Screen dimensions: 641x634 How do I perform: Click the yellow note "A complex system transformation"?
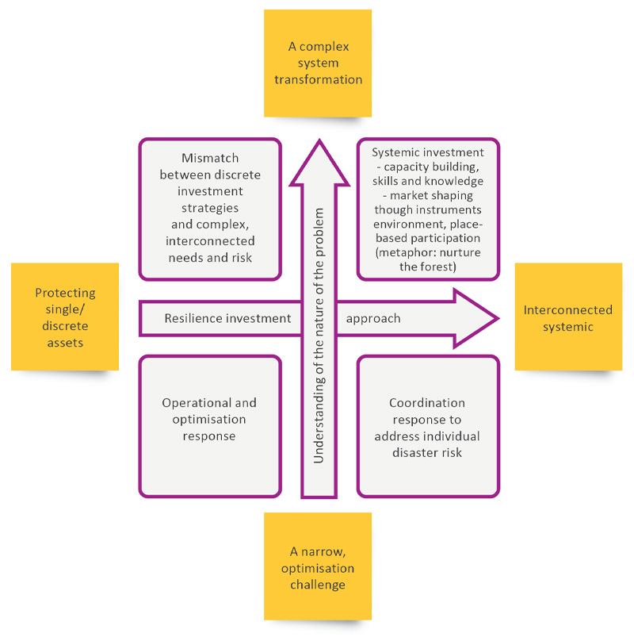pos(318,63)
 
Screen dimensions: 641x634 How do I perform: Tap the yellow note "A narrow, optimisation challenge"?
pos(318,566)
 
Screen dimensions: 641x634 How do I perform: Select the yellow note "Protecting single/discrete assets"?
pos(65,317)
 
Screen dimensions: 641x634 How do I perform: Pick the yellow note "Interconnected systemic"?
pos(568,317)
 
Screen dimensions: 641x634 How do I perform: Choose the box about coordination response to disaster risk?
pos(427,426)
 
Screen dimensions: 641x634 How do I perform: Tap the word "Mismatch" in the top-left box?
pos(210,159)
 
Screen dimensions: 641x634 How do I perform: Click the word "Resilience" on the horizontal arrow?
pos(193,319)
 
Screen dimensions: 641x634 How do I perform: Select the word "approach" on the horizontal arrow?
pos(373,319)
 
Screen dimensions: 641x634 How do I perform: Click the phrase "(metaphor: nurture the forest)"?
pos(427,259)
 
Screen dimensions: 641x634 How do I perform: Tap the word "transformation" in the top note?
pos(318,79)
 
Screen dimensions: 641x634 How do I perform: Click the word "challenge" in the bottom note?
pos(318,585)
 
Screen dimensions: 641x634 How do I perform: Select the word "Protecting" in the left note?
pos(65,293)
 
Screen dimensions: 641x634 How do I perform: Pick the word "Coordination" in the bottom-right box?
pos(427,403)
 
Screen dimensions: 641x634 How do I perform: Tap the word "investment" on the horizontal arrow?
pos(258,319)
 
